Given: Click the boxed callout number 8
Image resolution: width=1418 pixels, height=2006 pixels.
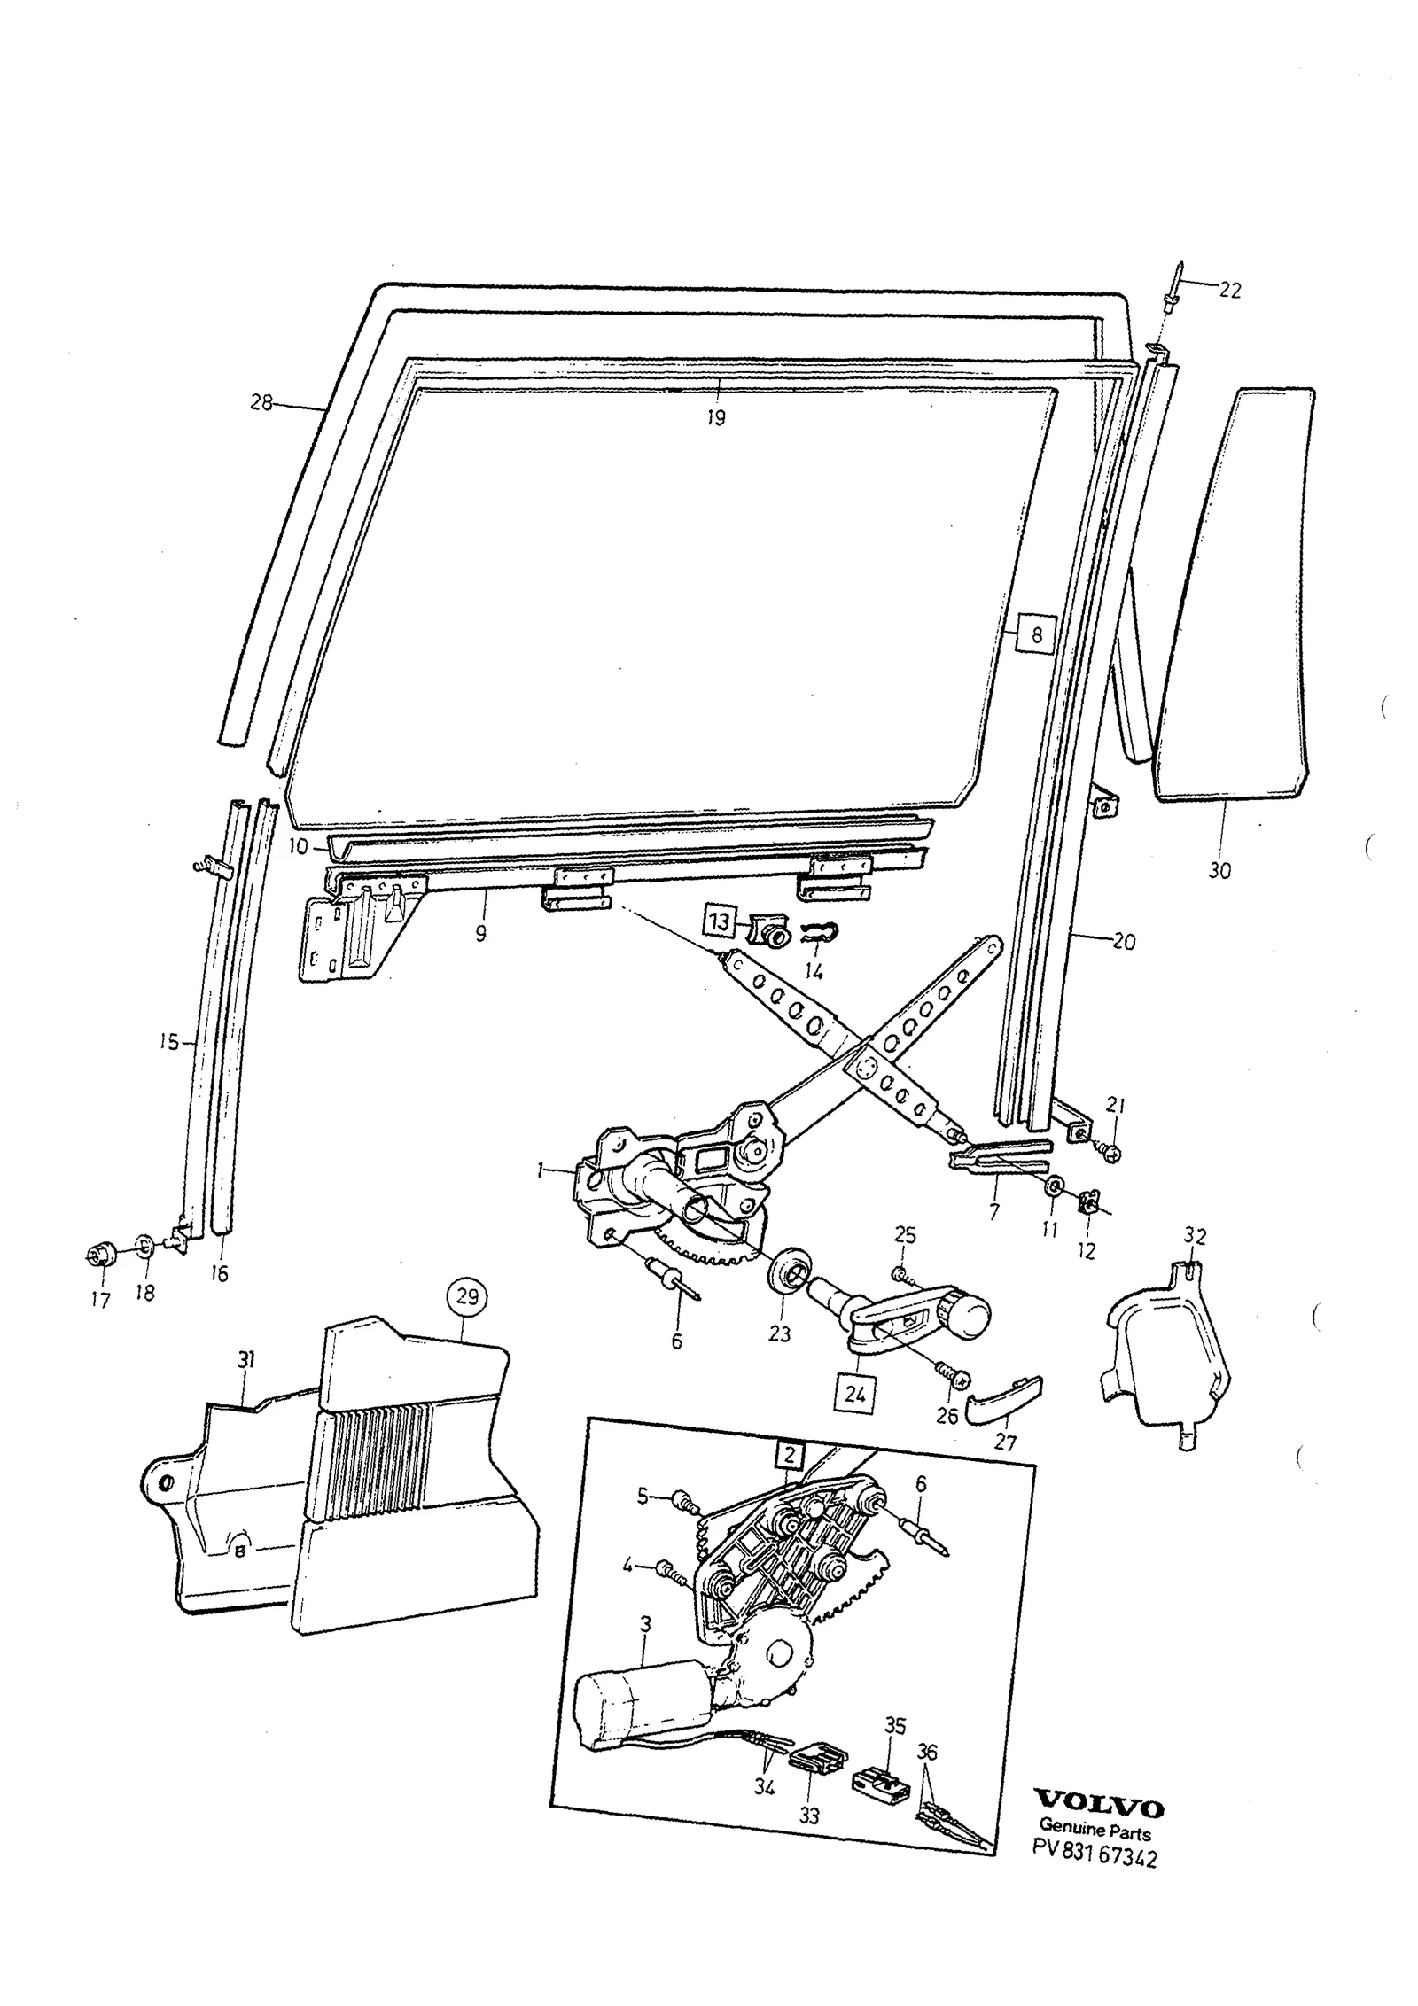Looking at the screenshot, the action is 1035,634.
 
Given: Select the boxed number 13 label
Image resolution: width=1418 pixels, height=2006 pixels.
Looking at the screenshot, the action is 721,921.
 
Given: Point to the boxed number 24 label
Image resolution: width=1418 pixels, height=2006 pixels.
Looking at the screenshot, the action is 854,1394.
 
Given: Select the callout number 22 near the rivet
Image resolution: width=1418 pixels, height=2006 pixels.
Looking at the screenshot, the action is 1229,290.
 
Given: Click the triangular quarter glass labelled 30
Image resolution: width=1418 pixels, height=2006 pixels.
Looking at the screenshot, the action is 1234,594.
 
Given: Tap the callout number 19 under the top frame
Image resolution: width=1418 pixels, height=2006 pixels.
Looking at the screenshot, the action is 715,417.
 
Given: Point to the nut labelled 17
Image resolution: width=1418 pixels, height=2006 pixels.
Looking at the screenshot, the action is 98,1255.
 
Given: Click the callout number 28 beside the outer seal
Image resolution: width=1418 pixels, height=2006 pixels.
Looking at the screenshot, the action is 261,403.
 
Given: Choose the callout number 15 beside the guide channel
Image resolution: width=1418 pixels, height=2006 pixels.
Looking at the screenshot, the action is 169,1042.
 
